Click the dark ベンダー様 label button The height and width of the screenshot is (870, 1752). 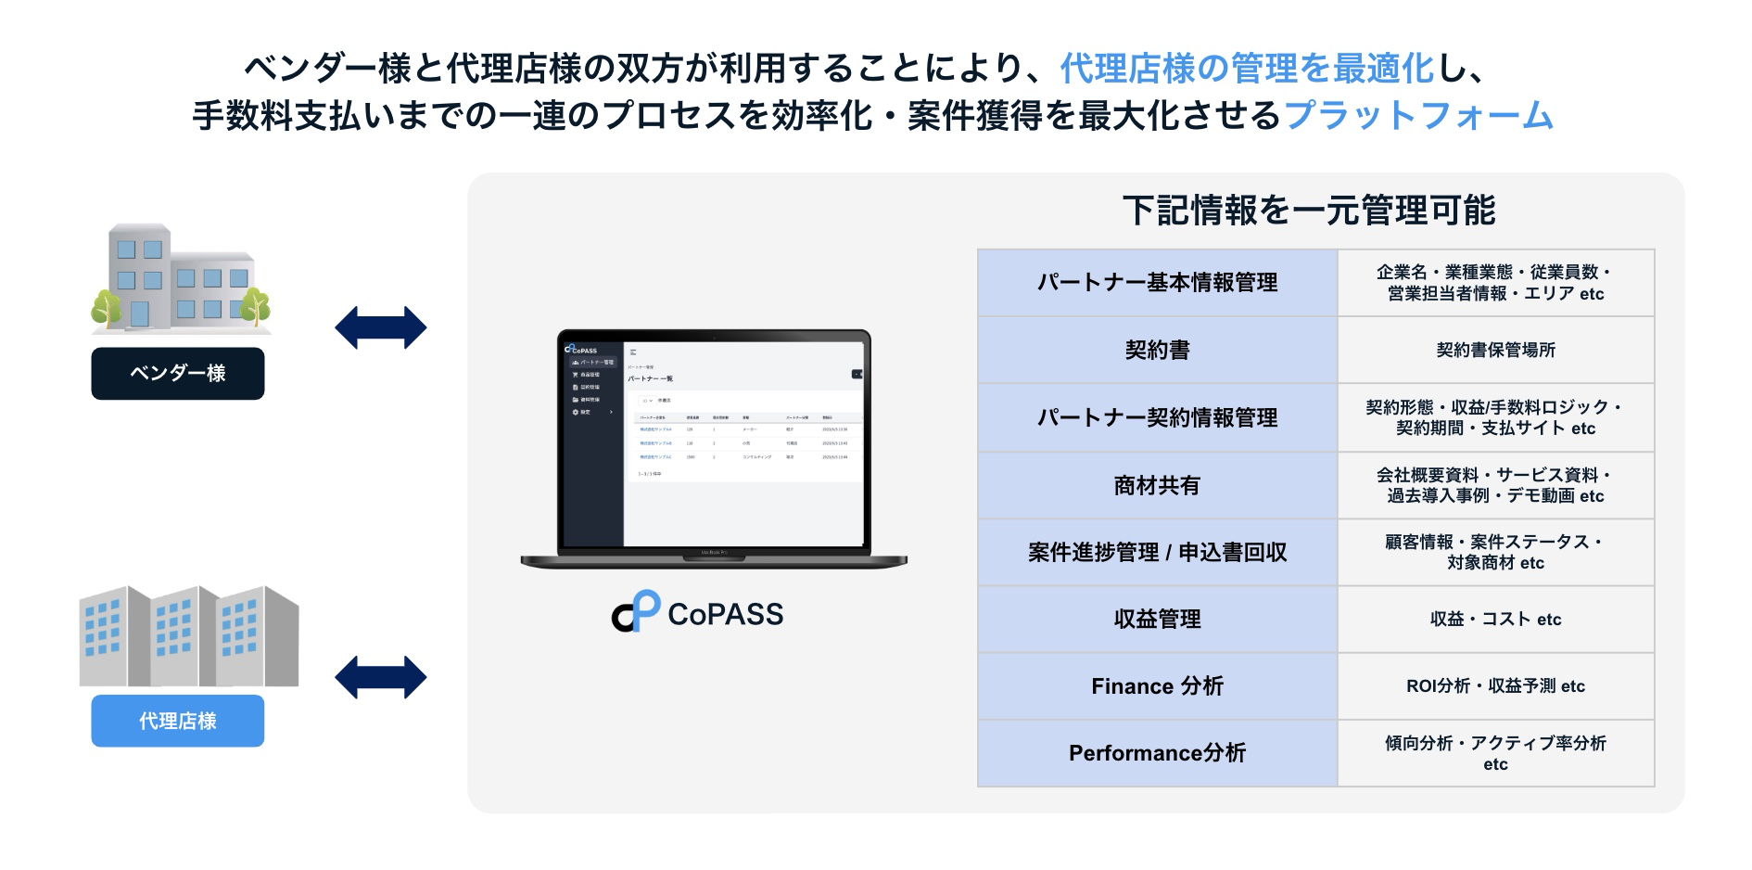point(177,374)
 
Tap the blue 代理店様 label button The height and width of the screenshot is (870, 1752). point(177,721)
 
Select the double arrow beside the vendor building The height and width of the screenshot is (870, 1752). point(380,327)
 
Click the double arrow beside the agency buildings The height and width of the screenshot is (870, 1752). point(380,677)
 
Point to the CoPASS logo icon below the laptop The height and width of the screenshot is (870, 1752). point(636,612)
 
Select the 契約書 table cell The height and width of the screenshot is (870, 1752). point(1157,350)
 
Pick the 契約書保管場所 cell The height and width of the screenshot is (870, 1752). point(1495,350)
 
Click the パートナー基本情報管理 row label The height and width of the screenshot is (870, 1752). point(1157,283)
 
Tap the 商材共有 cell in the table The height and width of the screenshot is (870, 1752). point(1157,485)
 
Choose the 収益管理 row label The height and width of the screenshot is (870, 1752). point(1157,619)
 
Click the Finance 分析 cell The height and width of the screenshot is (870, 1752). point(1157,686)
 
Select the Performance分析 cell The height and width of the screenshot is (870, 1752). point(1157,753)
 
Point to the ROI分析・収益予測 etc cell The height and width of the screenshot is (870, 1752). point(1495,686)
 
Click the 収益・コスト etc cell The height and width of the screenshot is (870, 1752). point(1495,619)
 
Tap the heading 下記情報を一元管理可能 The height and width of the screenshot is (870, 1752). point(1309,211)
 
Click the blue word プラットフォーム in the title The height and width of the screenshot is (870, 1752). point(1418,116)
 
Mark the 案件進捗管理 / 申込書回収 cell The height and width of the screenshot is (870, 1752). point(1157,553)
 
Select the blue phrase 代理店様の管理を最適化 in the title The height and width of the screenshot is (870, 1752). point(1247,69)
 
